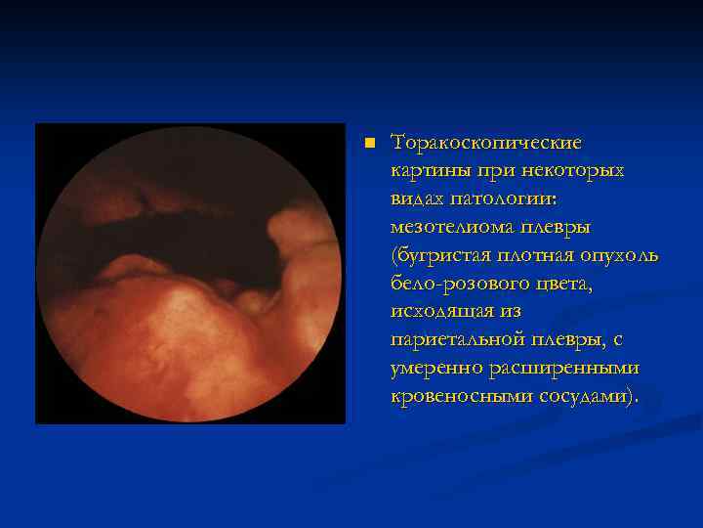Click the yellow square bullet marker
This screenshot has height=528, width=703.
pyautogui.click(x=368, y=144)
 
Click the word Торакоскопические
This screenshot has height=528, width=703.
pyautogui.click(x=485, y=143)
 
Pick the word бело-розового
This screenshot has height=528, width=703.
pyautogui.click(x=455, y=285)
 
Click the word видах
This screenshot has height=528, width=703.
pyautogui.click(x=418, y=199)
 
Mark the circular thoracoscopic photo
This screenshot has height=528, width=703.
pyautogui.click(x=191, y=274)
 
